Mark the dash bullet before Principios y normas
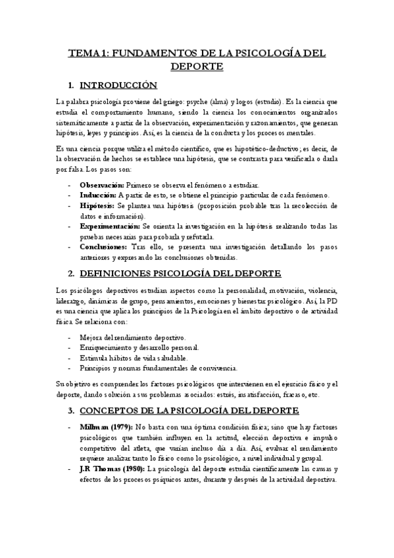click(x=70, y=367)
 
